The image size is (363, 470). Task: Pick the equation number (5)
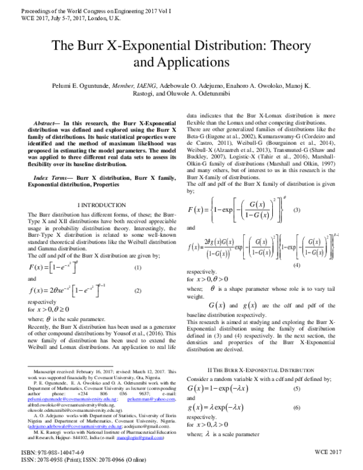click(x=296, y=388)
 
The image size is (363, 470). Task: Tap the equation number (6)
click(x=296, y=409)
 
